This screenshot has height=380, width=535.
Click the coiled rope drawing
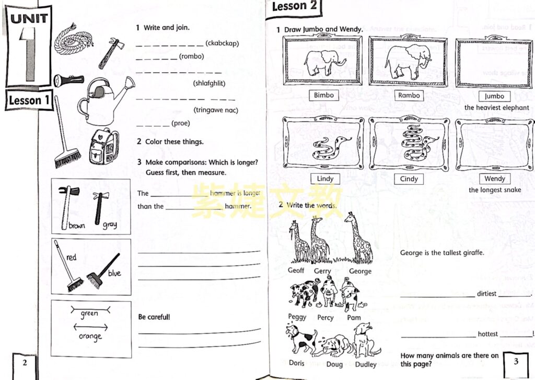tap(74, 37)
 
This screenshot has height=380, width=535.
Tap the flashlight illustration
tap(68, 80)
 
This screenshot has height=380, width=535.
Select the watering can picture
tap(104, 101)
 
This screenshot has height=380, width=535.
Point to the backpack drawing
tap(104, 147)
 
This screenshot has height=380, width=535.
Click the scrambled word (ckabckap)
tap(222, 43)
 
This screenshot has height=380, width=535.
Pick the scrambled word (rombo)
tap(191, 57)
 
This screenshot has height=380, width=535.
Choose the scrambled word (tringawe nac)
tap(216, 110)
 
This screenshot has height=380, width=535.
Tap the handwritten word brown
tap(77, 226)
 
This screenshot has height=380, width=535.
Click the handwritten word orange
tap(90, 336)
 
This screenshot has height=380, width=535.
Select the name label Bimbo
tap(324, 95)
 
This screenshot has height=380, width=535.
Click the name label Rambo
tap(409, 95)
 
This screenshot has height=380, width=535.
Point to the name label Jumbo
tap(494, 96)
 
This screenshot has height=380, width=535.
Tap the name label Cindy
tap(409, 178)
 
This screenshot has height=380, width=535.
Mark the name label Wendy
tap(495, 178)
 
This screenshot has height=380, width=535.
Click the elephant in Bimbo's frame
tap(324, 62)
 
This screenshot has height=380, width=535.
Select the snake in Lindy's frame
tap(331, 148)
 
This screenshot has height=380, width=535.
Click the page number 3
tap(516, 361)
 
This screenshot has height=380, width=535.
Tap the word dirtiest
tap(486, 294)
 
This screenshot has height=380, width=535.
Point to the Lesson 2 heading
tap(295, 6)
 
